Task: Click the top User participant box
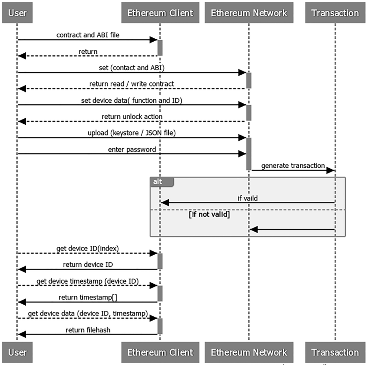pos(17,13)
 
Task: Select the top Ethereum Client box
pos(159,13)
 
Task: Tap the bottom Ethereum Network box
pos(249,352)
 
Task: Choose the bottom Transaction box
pos(335,352)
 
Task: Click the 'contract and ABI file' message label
pos(87,35)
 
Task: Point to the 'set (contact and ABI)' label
pos(131,67)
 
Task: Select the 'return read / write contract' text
pos(131,84)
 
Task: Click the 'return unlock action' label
pos(131,116)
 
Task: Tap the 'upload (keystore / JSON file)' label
pos(131,133)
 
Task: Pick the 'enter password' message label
pos(131,149)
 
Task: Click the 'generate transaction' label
pos(293,165)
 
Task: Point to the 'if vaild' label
pos(247,198)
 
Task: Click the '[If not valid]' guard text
pos(209,215)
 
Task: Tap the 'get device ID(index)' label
pos(87,248)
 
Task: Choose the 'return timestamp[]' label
pos(87,297)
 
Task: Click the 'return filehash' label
pos(87,330)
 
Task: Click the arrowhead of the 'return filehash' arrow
pos(21,334)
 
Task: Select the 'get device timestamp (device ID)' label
pos(87,281)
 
